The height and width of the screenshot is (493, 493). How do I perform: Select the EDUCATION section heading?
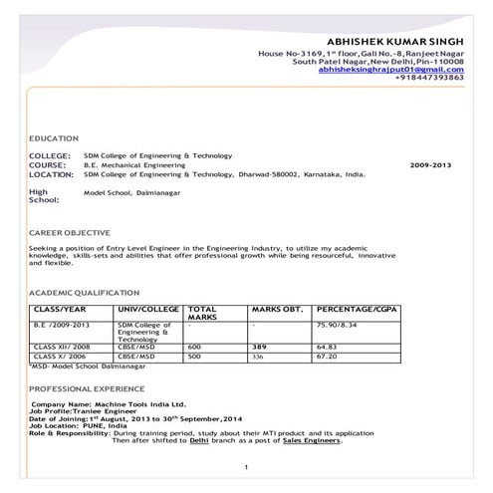(55, 138)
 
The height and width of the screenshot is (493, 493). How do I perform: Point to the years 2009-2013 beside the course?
(430, 164)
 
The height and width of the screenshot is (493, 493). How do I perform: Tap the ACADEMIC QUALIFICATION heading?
(85, 293)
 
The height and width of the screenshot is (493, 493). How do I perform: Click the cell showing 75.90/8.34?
(336, 324)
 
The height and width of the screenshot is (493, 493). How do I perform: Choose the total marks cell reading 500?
(194, 355)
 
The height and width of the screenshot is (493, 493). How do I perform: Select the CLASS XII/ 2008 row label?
(59, 346)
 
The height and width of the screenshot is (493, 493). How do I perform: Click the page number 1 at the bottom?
(245, 466)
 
